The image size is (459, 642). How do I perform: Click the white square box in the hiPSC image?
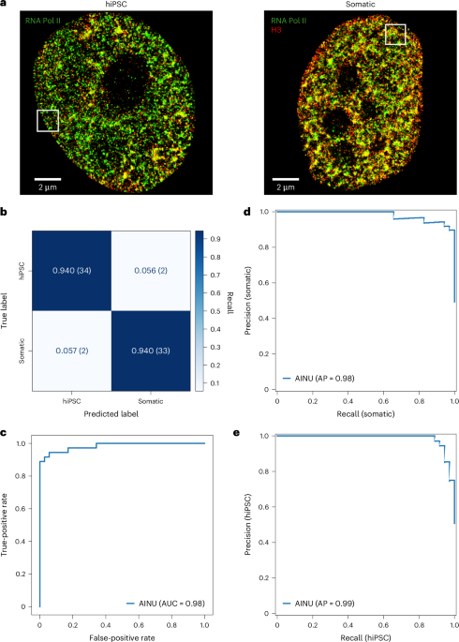[48, 120]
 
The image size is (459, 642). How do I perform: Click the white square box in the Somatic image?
[395, 35]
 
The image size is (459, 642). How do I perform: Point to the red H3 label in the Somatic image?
[275, 30]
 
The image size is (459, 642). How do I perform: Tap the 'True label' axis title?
[9, 309]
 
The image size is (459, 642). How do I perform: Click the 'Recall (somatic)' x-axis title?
[366, 413]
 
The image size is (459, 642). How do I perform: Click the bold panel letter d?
[247, 212]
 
